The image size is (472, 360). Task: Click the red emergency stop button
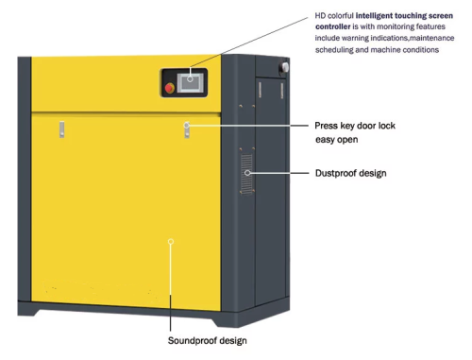click(170, 89)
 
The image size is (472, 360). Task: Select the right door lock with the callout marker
click(187, 127)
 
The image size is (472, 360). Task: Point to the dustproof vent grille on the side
click(247, 173)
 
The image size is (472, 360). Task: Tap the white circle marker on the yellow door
click(170, 241)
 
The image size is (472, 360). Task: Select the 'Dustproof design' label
click(350, 174)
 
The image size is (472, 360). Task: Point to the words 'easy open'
click(336, 140)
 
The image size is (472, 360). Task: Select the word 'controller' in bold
click(337, 28)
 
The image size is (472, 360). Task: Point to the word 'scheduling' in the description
click(339, 50)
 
